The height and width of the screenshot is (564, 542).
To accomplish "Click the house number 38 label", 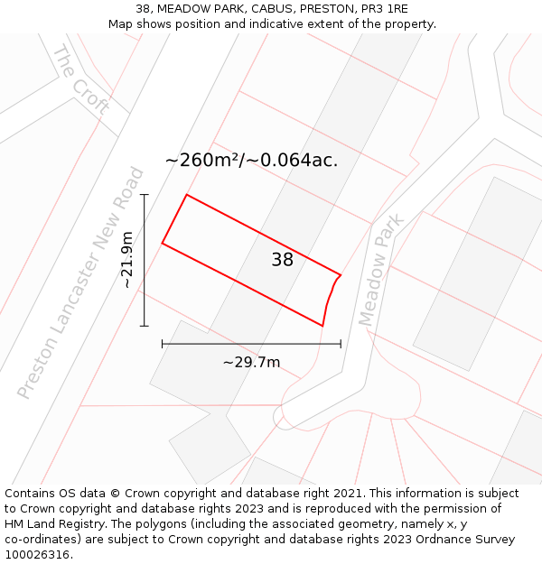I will pyautogui.click(x=283, y=260).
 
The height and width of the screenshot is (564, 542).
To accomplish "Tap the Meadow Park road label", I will pyautogui.click(x=380, y=270).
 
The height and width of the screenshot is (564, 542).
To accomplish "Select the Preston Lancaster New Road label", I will pyautogui.click(x=81, y=282).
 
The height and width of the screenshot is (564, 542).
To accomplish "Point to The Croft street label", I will pyautogui.click(x=81, y=79).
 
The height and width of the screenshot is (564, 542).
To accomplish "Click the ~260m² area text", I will pyautogui.click(x=199, y=161).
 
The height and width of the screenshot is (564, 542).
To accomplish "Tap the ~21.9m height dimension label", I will pyautogui.click(x=127, y=260).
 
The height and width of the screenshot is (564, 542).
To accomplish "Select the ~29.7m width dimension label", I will pyautogui.click(x=251, y=363).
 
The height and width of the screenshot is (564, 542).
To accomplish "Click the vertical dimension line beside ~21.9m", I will pyautogui.click(x=145, y=260).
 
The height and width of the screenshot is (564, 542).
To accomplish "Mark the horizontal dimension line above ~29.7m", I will pyautogui.click(x=251, y=344).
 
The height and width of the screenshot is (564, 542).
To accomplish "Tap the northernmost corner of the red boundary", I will pyautogui.click(x=186, y=195).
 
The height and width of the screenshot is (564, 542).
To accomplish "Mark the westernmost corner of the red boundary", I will pyautogui.click(x=163, y=243).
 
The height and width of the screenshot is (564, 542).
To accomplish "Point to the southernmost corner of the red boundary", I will pyautogui.click(x=322, y=325).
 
